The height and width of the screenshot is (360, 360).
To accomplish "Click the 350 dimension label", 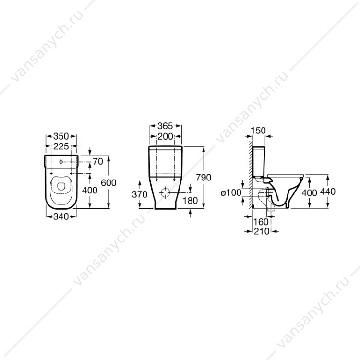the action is pos(61,136).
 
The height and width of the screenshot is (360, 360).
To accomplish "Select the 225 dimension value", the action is pos(61,146).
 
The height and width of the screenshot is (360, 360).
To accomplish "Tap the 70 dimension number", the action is pos(98,162).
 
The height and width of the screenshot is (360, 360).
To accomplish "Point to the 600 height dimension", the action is pos(108,183).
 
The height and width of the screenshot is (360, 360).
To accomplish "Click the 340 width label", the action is pos(61,216).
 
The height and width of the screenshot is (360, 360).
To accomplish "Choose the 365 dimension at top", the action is pos(165,126).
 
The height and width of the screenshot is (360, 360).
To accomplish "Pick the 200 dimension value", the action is pos(165,137).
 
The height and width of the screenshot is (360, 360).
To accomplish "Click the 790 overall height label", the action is pos(204,178).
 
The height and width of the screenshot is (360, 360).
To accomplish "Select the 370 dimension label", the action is pos(140,195).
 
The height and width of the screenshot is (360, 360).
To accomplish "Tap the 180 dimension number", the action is pos(190,201).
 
